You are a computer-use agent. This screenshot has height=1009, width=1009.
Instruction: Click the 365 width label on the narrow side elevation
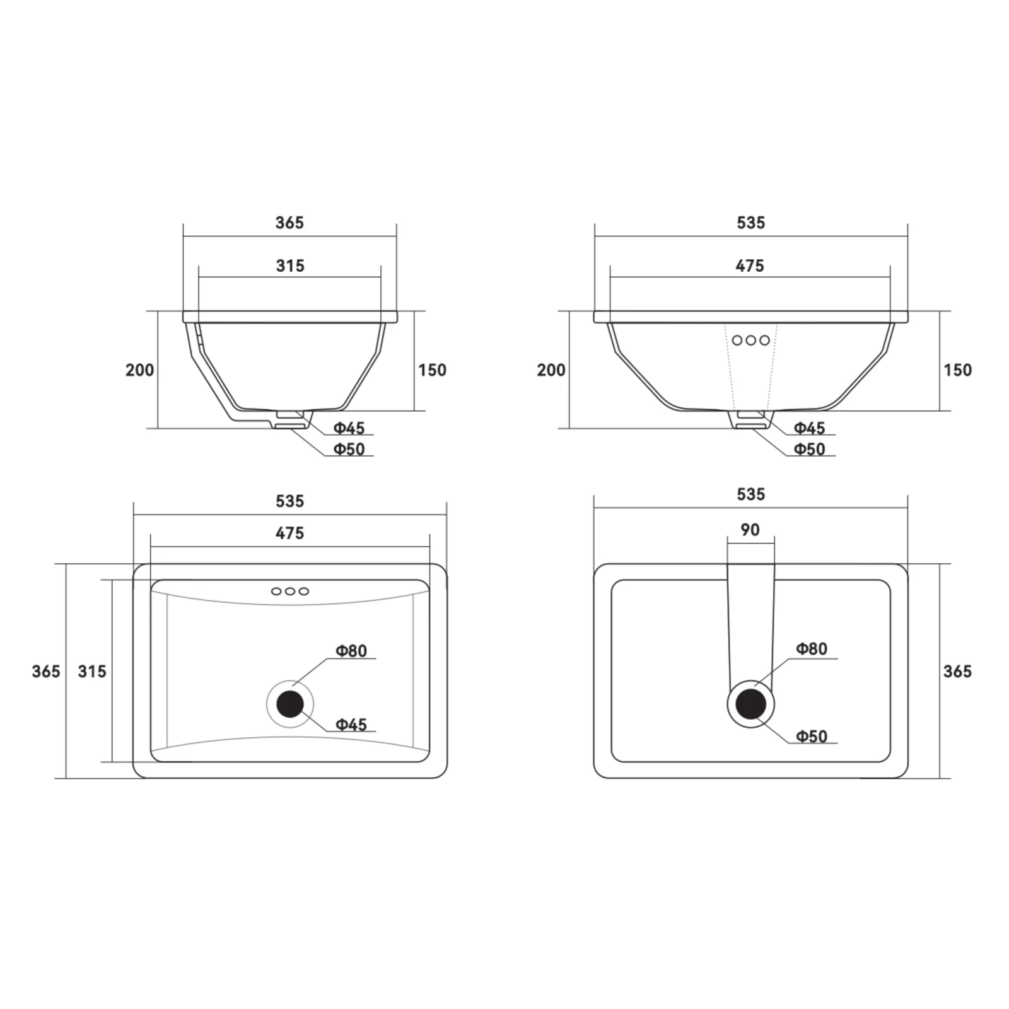(289, 223)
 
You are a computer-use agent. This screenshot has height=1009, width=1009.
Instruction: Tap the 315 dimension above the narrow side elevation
(290, 266)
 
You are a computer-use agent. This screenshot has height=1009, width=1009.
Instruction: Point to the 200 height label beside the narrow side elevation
(139, 370)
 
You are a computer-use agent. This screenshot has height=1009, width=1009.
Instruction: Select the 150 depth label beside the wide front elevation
(957, 370)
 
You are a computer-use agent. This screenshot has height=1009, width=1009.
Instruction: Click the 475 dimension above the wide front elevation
(750, 266)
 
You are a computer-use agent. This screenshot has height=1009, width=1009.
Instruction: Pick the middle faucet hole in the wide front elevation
(750, 341)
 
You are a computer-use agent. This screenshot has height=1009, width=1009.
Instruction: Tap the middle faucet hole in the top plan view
(290, 592)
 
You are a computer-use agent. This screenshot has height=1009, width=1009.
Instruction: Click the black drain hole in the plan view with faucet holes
(290, 704)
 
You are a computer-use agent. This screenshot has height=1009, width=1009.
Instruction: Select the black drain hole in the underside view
(750, 704)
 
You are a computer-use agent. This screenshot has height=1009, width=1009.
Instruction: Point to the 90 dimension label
(750, 530)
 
